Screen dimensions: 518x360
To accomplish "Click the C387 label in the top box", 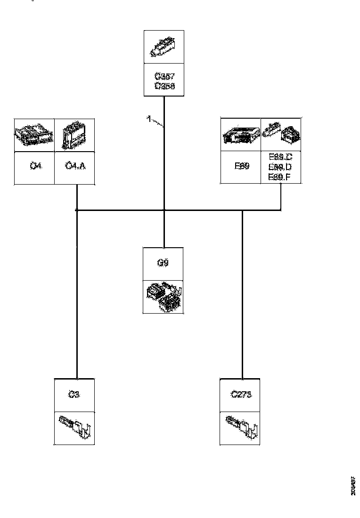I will point(164,77).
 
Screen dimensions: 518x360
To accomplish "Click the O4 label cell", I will point(34,166).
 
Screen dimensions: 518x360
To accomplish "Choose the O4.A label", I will point(74,166).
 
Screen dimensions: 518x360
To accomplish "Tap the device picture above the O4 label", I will point(34,135).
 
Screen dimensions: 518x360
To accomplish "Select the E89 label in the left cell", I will point(240,167).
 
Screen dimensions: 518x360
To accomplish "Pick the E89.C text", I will point(280,157).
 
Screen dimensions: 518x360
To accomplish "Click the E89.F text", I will point(280,177).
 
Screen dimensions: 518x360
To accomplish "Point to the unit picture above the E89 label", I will point(240,135).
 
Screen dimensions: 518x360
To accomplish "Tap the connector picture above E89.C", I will point(281,135).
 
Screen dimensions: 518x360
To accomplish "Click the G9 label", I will point(163,263).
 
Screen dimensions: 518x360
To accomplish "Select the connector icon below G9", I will point(163,296).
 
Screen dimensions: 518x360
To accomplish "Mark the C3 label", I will point(74,395).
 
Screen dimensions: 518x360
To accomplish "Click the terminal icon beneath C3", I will point(74,428).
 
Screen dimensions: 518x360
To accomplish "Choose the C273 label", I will point(241,395).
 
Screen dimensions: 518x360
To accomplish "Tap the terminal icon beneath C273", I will point(241,428).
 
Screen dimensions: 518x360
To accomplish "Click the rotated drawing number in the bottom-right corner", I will point(353,485).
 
